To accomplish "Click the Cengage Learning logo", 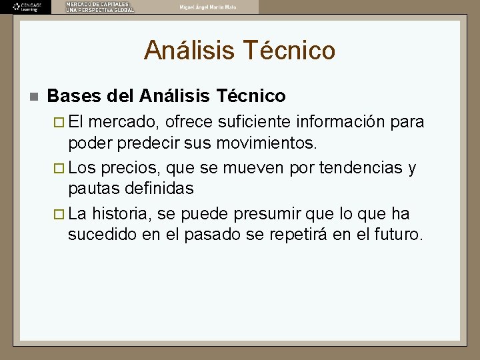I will tap(25, 7).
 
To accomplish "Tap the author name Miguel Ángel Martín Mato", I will tap(207, 7).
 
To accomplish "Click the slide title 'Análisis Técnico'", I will tap(239, 50).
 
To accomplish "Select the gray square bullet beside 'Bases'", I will tap(31, 97).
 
